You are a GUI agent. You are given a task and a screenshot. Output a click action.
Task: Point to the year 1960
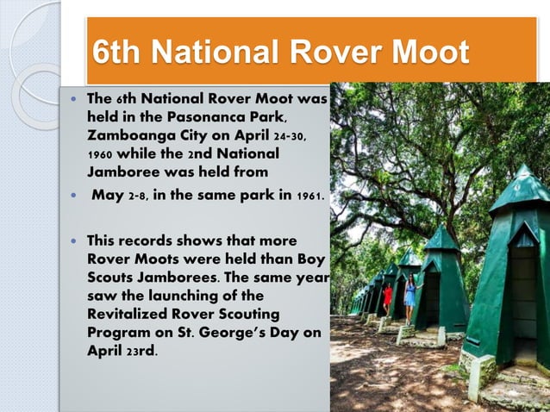(103, 153)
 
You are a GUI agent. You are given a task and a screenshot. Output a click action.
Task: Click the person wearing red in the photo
(388, 297)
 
